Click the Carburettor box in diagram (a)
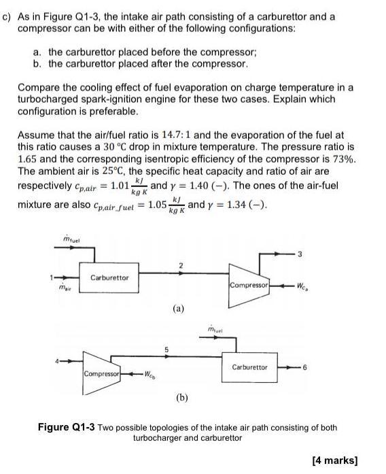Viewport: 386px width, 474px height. click(109, 277)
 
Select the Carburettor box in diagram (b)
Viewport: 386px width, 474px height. click(249, 367)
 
